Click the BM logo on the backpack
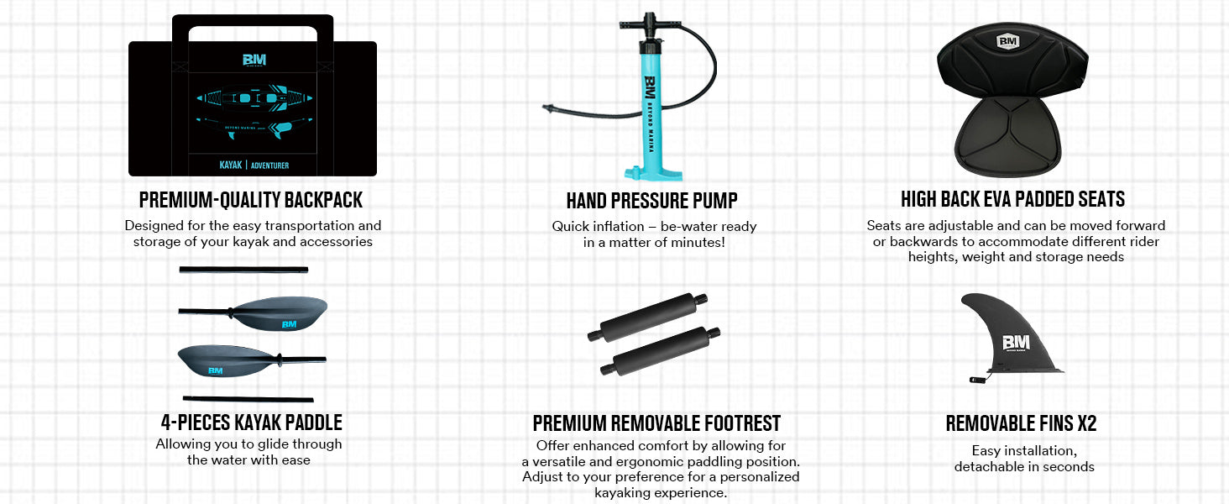[254, 60]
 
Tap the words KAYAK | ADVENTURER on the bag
[254, 165]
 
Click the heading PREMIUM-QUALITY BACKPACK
[251, 200]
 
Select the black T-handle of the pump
[651, 24]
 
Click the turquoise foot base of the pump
[653, 174]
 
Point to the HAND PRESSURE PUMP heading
[651, 201]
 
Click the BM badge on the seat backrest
[1007, 41]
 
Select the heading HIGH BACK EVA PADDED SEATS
[1012, 199]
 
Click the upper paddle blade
[280, 313]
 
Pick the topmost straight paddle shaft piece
[243, 270]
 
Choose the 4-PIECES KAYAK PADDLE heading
[251, 423]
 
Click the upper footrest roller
[648, 317]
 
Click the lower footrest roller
[661, 351]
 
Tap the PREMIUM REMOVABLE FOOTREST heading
[656, 424]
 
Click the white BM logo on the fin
[1016, 343]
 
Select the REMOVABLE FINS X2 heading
[1021, 424]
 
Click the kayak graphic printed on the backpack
[254, 110]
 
